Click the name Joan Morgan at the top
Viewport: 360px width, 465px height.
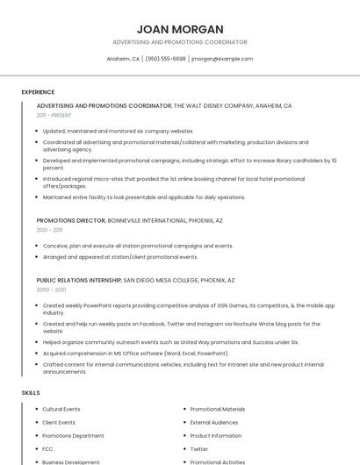[179, 29]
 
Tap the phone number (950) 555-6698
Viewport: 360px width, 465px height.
[166, 59]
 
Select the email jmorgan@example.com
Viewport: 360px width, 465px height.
[222, 59]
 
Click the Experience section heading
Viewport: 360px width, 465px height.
[38, 92]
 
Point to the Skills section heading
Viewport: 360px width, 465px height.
[31, 392]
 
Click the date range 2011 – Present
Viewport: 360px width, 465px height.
[54, 115]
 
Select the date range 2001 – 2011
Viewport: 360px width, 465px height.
[49, 230]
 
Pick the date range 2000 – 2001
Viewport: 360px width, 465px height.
[51, 289]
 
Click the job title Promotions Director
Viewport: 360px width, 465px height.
[71, 220]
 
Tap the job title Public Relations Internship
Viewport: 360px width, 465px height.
[79, 280]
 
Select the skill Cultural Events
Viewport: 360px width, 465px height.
[61, 409]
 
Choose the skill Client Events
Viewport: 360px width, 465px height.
[59, 422]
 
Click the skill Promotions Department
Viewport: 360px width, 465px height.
[73, 435]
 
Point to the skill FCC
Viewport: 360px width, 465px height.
[47, 448]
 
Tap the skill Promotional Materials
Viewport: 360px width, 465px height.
[218, 409]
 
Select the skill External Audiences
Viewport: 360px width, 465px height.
[213, 422]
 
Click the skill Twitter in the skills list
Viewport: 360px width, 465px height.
[199, 448]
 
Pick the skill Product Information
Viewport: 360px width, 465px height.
[215, 435]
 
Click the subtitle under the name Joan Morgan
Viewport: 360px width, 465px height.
[179, 42]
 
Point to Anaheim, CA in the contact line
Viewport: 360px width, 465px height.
[123, 59]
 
